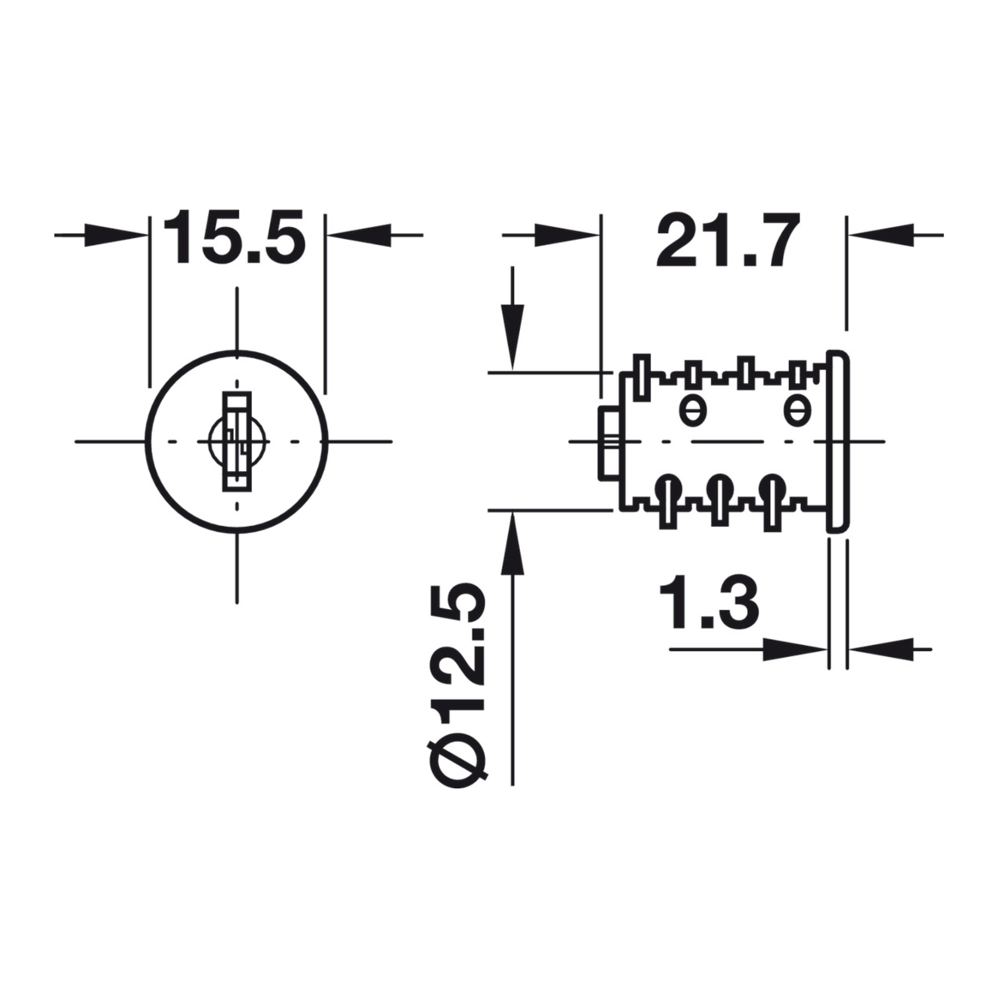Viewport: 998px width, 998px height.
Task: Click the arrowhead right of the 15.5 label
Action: [x=359, y=235]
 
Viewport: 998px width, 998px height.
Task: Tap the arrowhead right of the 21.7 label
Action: [x=881, y=235]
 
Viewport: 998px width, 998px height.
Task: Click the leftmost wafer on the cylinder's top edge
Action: [x=641, y=377]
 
